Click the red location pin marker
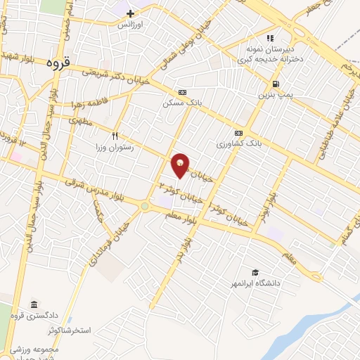click(x=181, y=165)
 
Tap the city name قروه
click(x=58, y=63)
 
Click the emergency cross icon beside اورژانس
click(x=130, y=13)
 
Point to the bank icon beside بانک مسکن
click(x=182, y=92)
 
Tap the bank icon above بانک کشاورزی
click(x=238, y=132)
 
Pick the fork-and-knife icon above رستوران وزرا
click(x=115, y=136)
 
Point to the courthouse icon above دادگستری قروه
click(x=34, y=304)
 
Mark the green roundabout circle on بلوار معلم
click(x=145, y=206)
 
